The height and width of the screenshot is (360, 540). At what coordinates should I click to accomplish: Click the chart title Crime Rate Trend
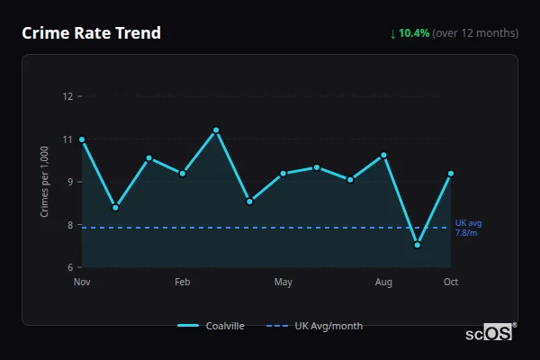(91, 33)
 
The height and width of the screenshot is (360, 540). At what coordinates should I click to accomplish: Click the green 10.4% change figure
(414, 33)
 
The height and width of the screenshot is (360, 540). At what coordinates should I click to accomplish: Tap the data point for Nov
(82, 139)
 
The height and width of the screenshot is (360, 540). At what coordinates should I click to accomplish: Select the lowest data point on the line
(418, 245)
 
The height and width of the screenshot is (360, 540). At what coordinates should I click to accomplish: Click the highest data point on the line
(216, 130)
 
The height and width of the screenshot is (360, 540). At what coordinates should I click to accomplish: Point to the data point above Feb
(183, 173)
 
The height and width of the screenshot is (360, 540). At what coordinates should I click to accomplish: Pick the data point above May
(283, 173)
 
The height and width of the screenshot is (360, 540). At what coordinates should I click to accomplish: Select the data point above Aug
(384, 155)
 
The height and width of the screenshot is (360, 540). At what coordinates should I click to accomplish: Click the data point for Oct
(451, 173)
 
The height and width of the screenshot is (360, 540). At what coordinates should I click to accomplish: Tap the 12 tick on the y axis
(67, 96)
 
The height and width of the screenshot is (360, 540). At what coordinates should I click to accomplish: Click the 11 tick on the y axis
(67, 139)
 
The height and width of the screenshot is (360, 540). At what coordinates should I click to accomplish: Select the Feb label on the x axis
(183, 283)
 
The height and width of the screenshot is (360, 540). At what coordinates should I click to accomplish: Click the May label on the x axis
(283, 283)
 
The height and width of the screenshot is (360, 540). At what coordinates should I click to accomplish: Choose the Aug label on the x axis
(384, 283)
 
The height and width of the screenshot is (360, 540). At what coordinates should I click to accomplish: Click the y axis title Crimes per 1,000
(44, 182)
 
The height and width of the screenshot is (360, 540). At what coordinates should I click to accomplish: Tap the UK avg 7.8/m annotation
(467, 228)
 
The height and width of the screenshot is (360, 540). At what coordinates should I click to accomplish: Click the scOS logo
(490, 333)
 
